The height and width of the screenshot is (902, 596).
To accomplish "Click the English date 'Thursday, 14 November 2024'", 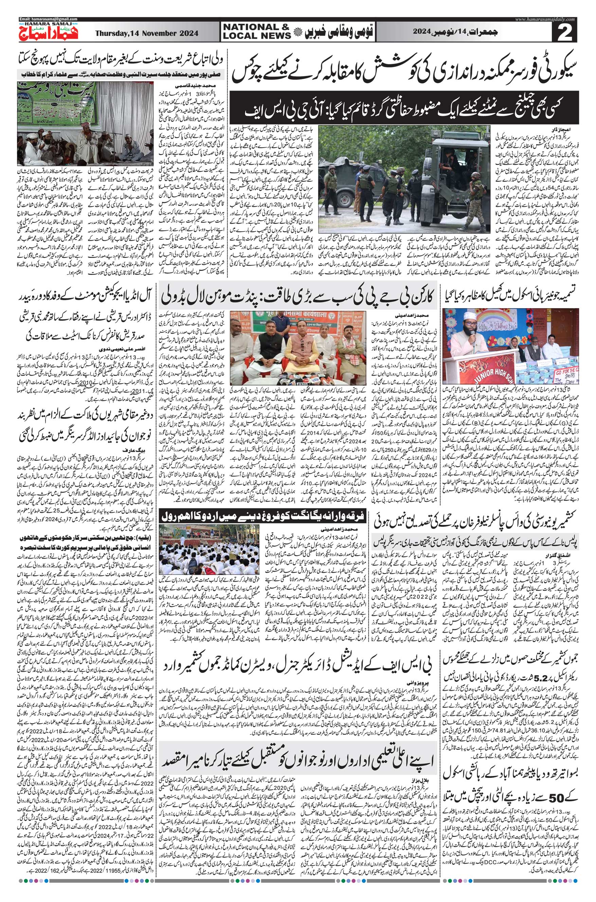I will (x=147, y=33).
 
